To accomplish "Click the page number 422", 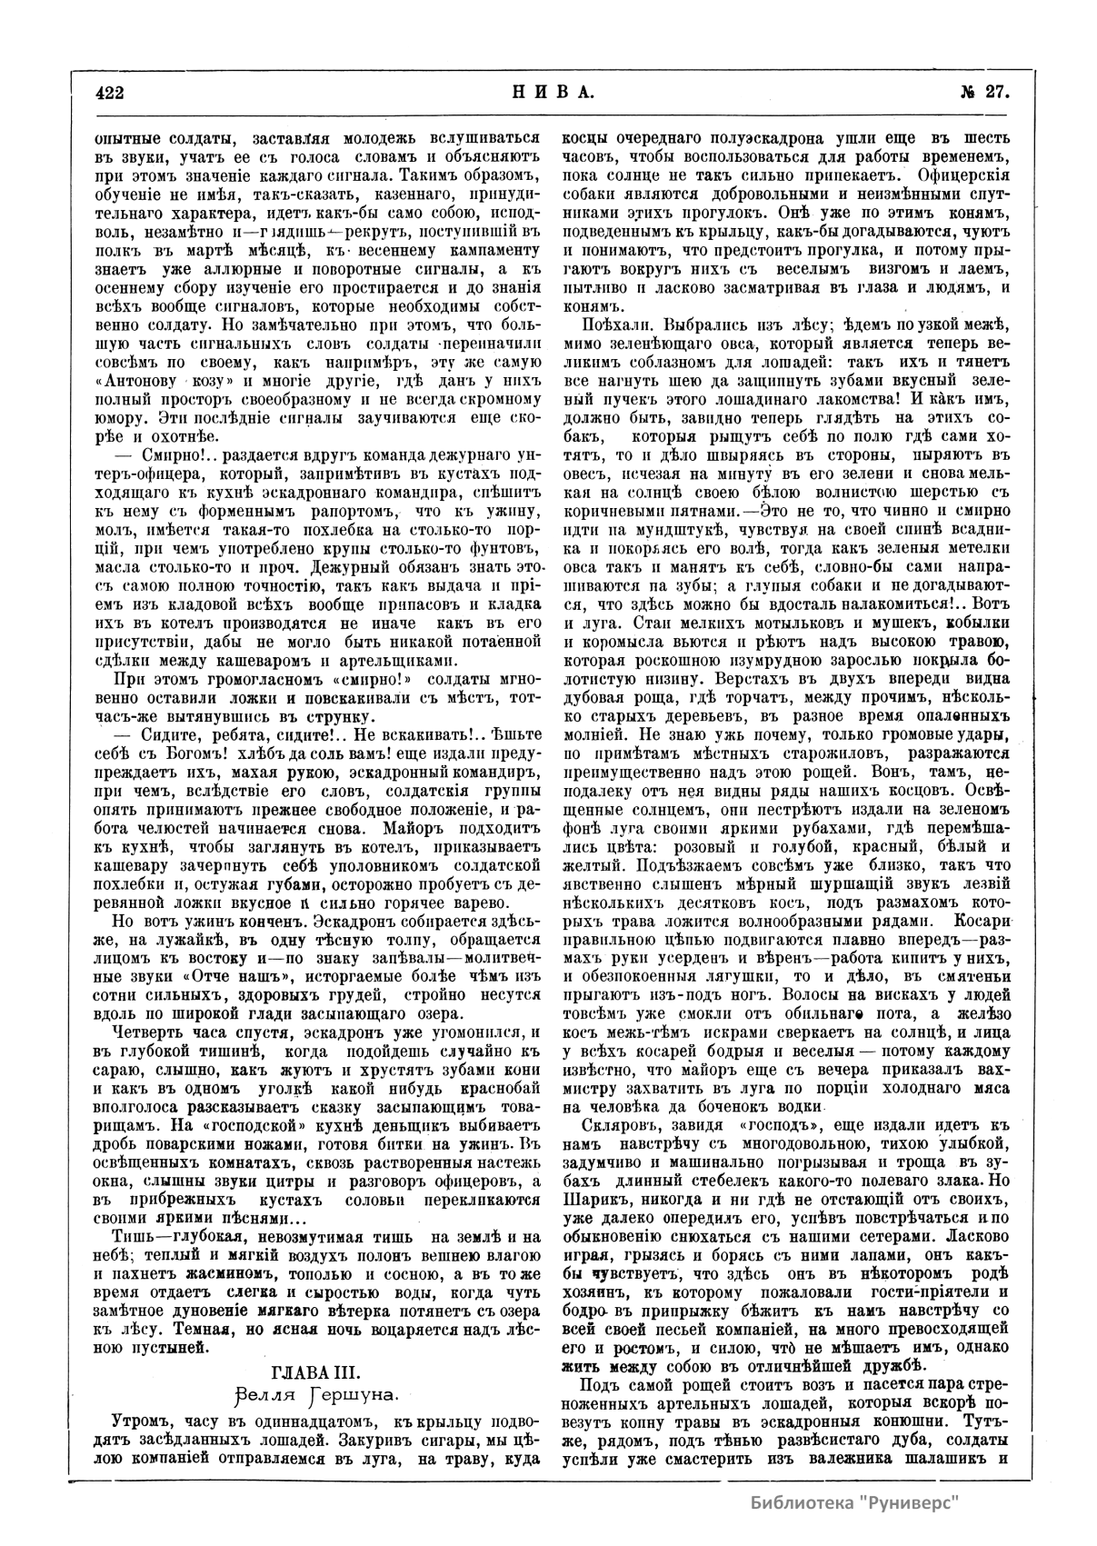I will coord(108,92).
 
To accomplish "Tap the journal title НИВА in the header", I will coord(547,92).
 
